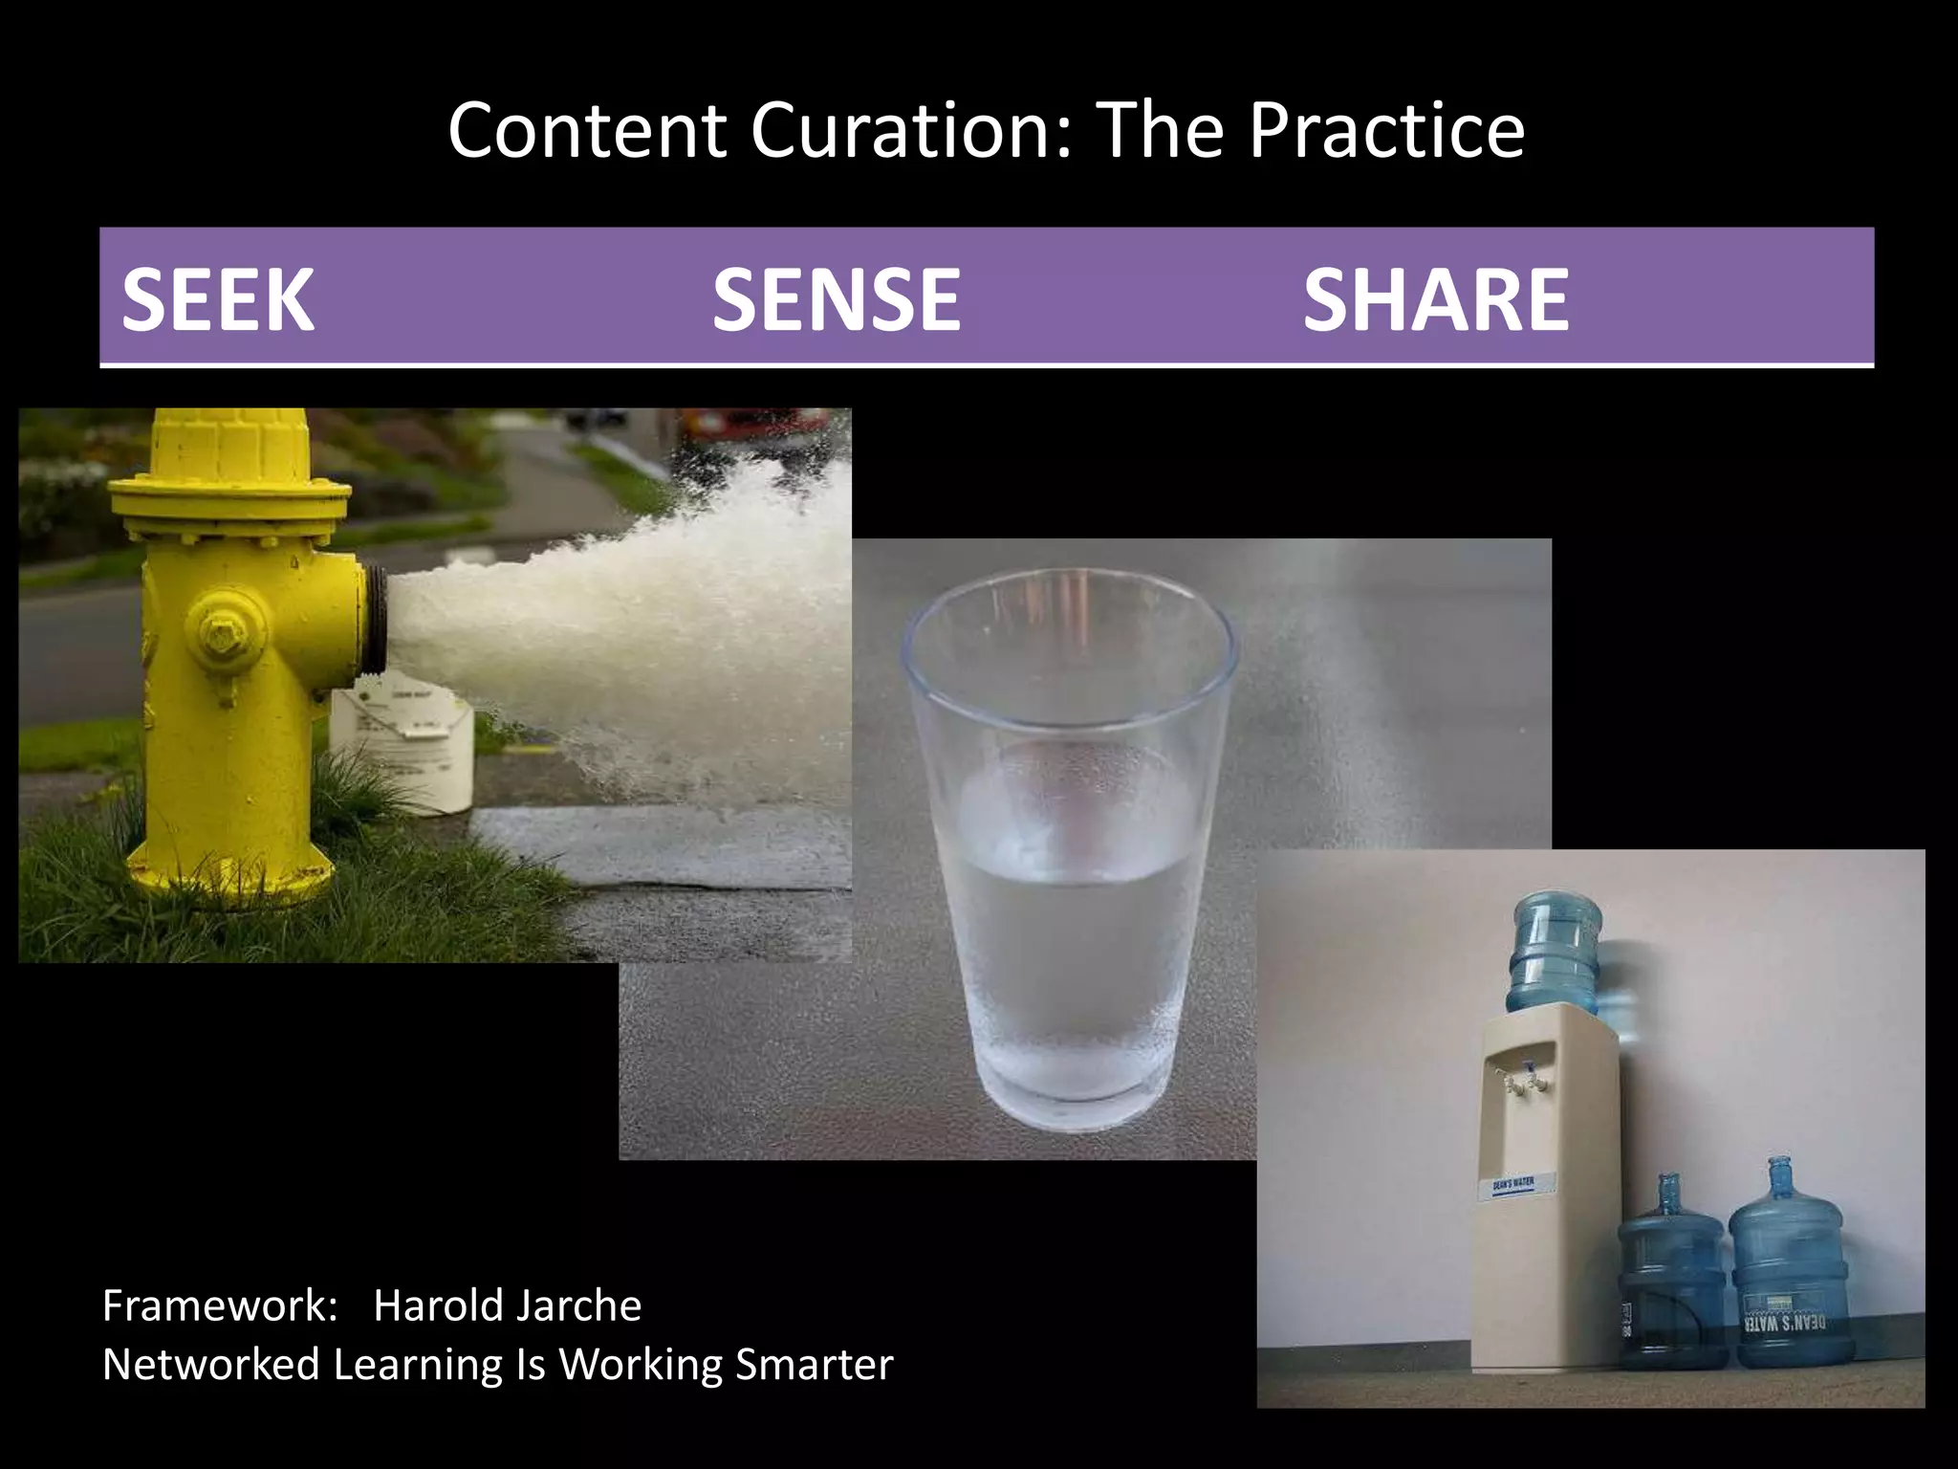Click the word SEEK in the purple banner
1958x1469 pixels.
tap(218, 299)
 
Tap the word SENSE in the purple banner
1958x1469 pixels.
tap(836, 299)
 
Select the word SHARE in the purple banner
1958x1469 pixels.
tap(1435, 299)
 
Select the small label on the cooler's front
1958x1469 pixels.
tap(1512, 1184)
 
